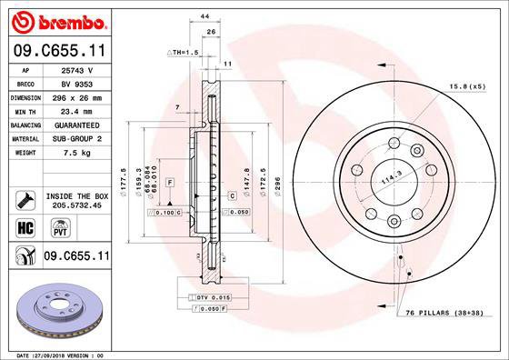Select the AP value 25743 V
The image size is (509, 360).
tap(76, 70)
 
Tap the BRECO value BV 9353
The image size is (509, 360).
tap(76, 84)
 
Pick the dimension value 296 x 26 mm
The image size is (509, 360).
tap(76, 97)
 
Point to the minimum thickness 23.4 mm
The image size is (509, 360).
tap(76, 111)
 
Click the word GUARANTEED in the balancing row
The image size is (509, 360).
tap(76, 125)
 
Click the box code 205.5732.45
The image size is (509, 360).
tap(76, 205)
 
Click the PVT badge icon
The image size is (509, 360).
tap(43, 227)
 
